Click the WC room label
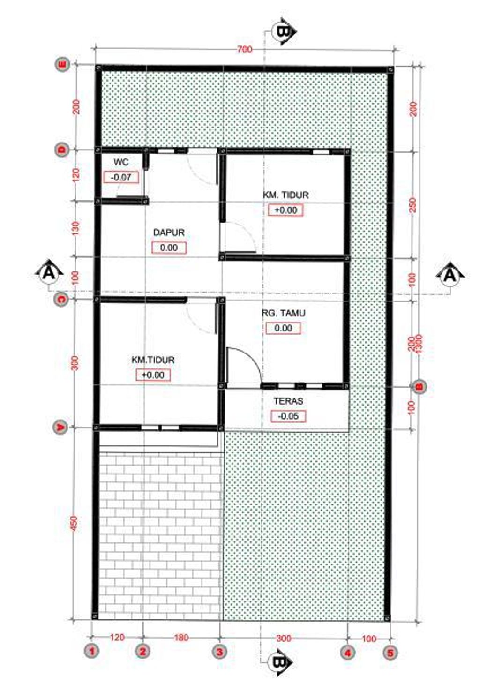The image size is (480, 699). point(121,162)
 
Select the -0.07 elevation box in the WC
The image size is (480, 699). point(121,178)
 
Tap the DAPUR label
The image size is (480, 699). point(169,233)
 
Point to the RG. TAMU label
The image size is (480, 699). point(284,313)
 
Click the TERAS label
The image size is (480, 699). point(288,401)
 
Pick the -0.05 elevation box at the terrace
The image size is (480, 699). point(288,416)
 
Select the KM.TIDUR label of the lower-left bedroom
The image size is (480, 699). point(153,360)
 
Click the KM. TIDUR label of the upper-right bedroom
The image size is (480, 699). point(286,195)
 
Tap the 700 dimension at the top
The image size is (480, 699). point(244,49)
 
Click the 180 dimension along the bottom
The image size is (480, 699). point(181,638)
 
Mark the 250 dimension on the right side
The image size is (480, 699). point(412,205)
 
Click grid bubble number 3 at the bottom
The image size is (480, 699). point(220,652)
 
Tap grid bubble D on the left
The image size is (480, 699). point(62,150)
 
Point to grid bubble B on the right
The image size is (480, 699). point(420,387)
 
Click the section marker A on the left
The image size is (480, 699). point(49,272)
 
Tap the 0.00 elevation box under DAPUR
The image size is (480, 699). point(169,248)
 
